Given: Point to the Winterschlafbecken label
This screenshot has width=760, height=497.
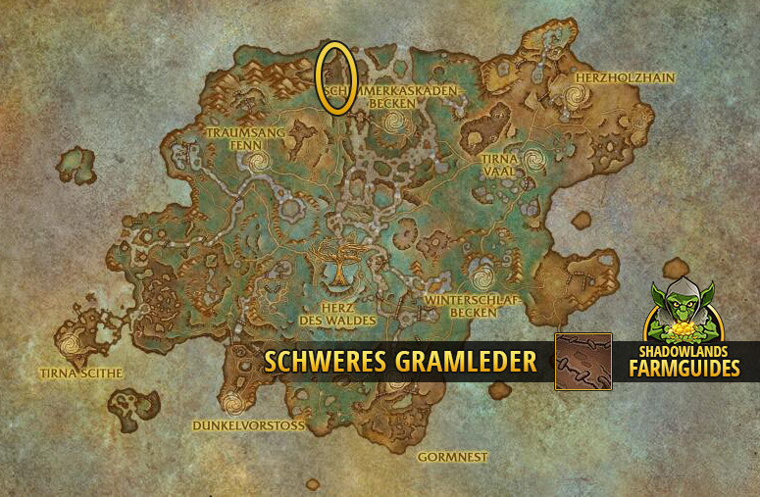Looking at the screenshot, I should (x=467, y=305).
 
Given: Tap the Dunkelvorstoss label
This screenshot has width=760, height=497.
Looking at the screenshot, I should (x=249, y=426).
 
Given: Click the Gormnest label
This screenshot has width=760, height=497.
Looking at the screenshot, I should (x=452, y=457).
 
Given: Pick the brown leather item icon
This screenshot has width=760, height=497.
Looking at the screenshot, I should (x=583, y=362).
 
